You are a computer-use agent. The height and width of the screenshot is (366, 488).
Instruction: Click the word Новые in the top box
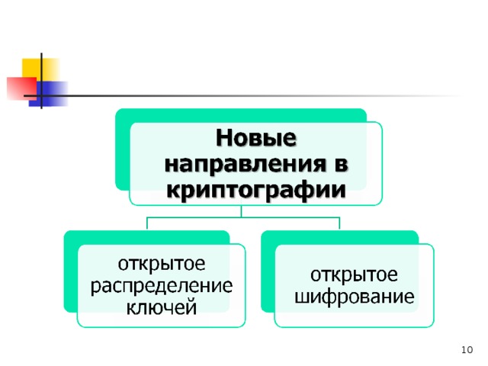[x=255, y=140]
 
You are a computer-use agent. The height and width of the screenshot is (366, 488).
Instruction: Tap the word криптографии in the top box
[x=256, y=188]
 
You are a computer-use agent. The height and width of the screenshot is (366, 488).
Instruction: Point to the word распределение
[x=162, y=287]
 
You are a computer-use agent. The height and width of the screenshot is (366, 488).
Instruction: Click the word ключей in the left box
[x=162, y=307]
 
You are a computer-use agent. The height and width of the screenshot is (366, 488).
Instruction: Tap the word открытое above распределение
[x=162, y=265]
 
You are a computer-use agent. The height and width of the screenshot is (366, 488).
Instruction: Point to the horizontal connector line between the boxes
[x=243, y=217]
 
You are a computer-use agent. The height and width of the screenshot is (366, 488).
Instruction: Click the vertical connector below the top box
[x=243, y=211]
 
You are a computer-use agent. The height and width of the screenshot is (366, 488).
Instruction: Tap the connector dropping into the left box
[x=147, y=223]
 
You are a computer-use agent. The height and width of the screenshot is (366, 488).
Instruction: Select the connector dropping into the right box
[x=339, y=223]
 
